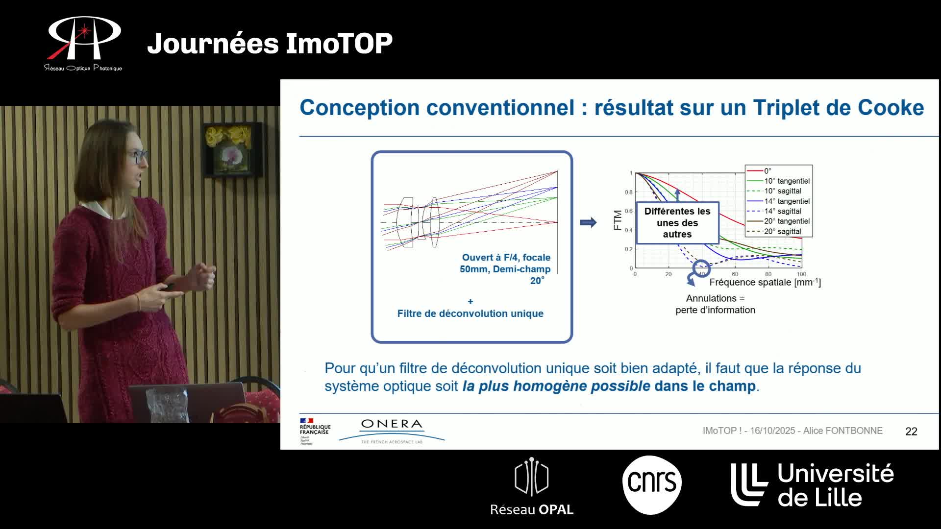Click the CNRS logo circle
click(652, 484)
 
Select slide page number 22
click(911, 432)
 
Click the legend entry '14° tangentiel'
click(787, 201)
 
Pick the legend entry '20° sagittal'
click(782, 232)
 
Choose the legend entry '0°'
click(768, 171)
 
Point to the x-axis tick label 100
click(801, 274)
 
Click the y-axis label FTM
click(618, 220)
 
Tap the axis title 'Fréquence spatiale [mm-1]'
click(765, 282)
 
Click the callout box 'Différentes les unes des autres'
click(677, 223)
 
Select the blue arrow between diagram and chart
click(588, 223)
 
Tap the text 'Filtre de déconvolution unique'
click(470, 313)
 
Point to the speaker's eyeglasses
click(139, 157)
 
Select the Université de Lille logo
click(812, 484)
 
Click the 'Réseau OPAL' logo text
click(532, 510)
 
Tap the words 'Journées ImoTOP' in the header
click(270, 43)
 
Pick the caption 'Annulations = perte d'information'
click(715, 304)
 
